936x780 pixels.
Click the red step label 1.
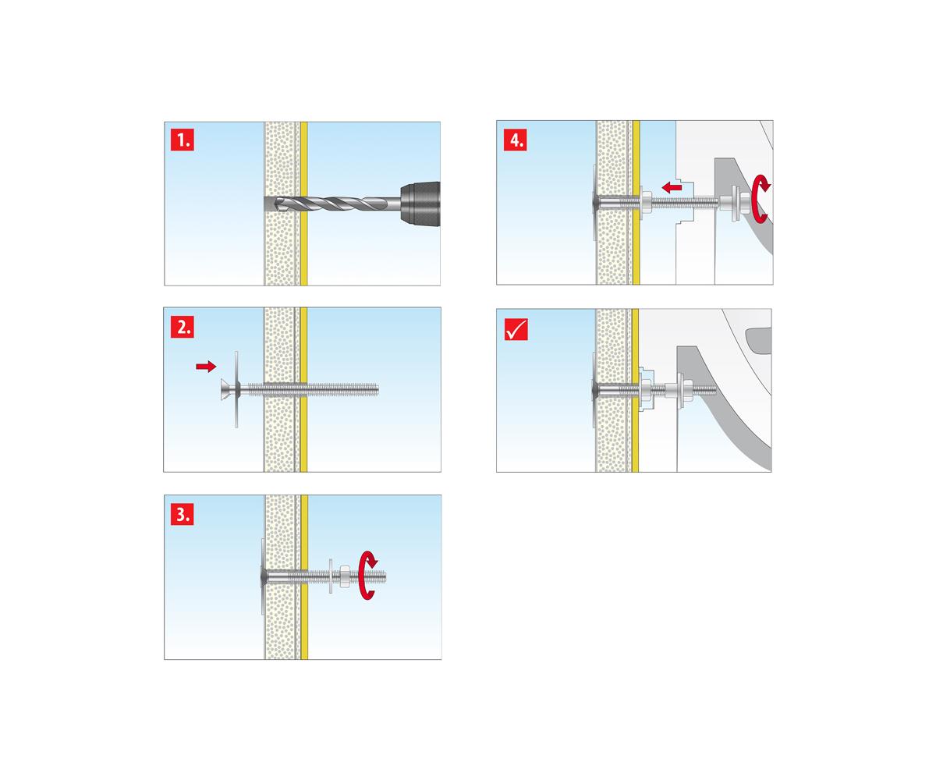tap(182, 140)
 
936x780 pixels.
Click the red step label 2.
tap(182, 326)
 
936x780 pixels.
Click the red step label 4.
tap(515, 140)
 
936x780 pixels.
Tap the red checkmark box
tap(516, 329)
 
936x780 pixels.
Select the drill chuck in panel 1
tap(420, 204)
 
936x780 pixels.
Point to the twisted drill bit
tap(337, 204)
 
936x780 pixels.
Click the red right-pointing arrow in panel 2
tap(206, 367)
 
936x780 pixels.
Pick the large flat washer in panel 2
tap(236, 389)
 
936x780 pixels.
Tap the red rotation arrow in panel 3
tap(369, 575)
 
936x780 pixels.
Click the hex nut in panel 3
tap(346, 576)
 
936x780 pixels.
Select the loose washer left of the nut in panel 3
tap(331, 576)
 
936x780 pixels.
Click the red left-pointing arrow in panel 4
tap(672, 187)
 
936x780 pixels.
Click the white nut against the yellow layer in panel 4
tap(646, 203)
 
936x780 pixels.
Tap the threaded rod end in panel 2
tap(376, 389)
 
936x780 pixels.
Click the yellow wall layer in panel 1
tap(303, 204)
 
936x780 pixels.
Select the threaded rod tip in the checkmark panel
tap(713, 389)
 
